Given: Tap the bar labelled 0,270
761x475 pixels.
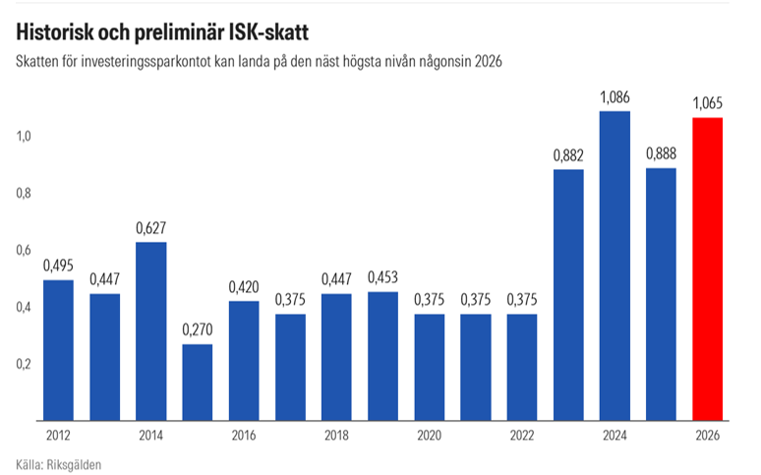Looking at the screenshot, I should pyautogui.click(x=197, y=382).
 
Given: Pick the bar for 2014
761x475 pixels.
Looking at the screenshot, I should pyautogui.click(x=150, y=330).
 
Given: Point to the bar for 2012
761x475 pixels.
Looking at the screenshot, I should pyautogui.click(x=58, y=350).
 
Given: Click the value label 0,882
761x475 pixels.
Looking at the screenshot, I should pyautogui.click(x=568, y=154).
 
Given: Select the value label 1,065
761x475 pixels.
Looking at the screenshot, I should pyautogui.click(x=708, y=102).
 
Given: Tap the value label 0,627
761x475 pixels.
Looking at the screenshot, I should pyautogui.click(x=150, y=227).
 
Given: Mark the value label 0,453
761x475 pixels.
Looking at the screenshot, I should pyautogui.click(x=382, y=277).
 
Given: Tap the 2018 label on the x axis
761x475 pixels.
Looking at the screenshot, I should pyautogui.click(x=336, y=434).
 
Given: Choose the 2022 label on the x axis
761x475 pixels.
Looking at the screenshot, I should pyautogui.click(x=522, y=434).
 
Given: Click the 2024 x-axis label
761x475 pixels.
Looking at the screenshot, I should pyautogui.click(x=615, y=434).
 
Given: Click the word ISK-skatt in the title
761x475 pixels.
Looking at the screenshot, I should pyautogui.click(x=260, y=32).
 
